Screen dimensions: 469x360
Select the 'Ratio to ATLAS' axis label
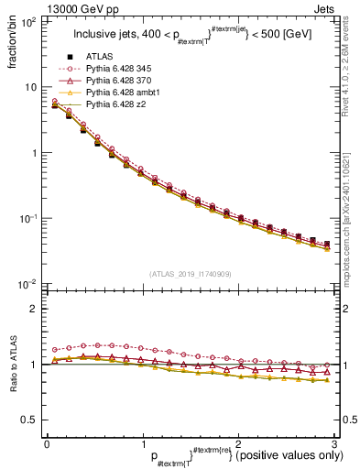[13, 365]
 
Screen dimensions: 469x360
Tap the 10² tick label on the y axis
[29, 22]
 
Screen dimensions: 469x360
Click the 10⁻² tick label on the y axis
[28, 285]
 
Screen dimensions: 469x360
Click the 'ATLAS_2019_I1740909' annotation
[190, 273]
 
